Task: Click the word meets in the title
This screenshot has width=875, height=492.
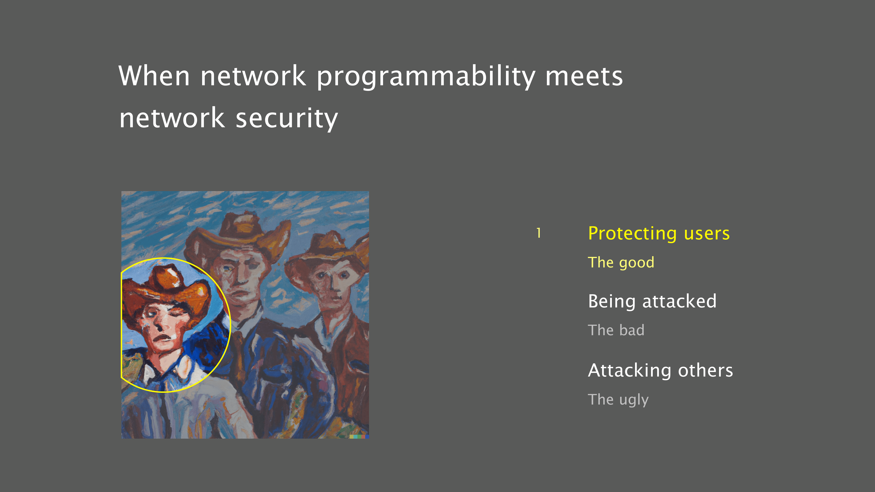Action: (584, 76)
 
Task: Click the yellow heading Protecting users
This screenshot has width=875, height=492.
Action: (659, 233)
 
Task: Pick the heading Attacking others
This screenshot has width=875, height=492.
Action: (660, 370)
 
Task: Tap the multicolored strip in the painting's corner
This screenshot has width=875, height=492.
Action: (359, 437)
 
